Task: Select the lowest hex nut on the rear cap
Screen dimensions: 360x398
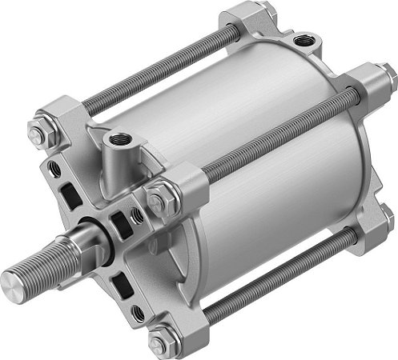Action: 388,214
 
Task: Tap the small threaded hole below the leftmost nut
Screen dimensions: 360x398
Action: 54,170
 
